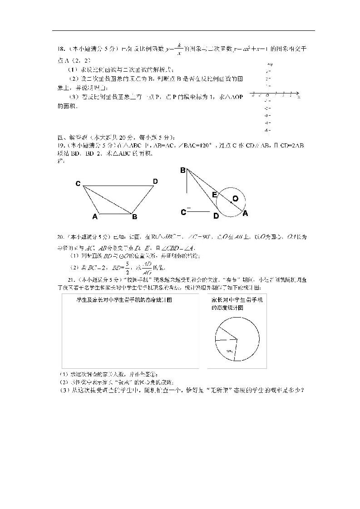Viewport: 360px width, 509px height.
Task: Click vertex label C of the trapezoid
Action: click(x=78, y=184)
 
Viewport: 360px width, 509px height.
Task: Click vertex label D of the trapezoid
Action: click(x=155, y=181)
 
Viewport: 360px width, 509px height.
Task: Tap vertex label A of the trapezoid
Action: click(x=95, y=217)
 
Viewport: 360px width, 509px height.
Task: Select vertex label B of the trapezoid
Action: click(x=134, y=217)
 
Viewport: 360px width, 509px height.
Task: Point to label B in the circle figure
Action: click(x=183, y=171)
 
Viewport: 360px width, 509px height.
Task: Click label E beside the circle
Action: click(x=215, y=195)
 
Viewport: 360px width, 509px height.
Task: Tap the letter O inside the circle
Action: click(x=235, y=198)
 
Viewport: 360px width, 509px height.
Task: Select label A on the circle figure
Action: click(x=245, y=213)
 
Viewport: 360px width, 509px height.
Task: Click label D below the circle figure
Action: click(x=216, y=216)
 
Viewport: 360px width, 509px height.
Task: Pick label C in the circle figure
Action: click(x=183, y=212)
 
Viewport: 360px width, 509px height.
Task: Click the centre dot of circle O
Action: click(x=231, y=202)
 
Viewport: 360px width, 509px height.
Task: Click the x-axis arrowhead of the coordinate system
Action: click(x=298, y=96)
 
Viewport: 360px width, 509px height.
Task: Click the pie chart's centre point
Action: click(x=237, y=338)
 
